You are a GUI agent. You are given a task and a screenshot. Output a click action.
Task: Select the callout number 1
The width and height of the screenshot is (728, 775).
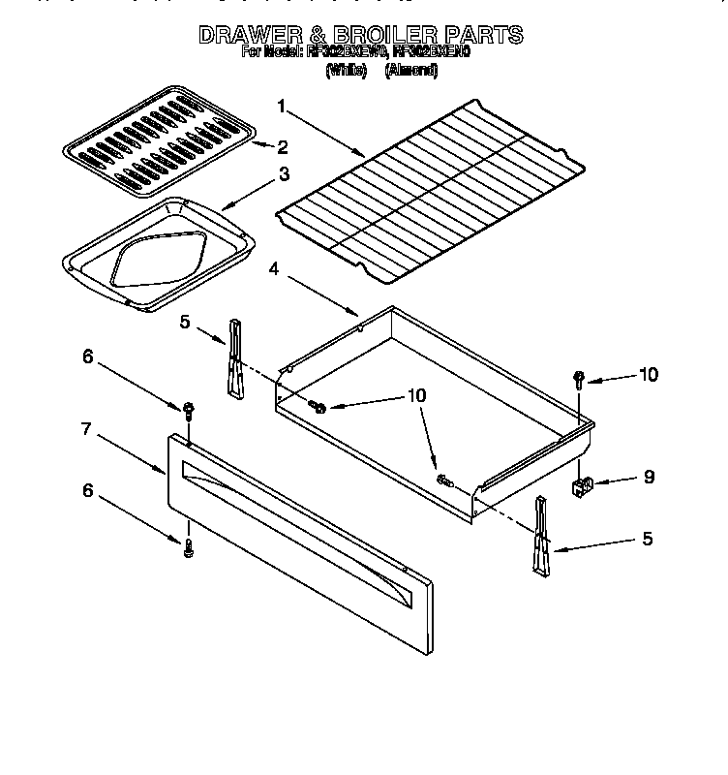pyautogui.click(x=281, y=106)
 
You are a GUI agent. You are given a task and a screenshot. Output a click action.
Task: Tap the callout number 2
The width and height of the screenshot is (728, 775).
pyautogui.click(x=283, y=147)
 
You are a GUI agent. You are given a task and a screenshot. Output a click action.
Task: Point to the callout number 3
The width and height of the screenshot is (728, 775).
pyautogui.click(x=284, y=175)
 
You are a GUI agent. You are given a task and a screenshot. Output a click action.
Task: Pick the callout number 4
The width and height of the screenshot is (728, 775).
pyautogui.click(x=274, y=271)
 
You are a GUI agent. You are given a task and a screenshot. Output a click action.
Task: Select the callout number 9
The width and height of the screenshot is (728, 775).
pyautogui.click(x=648, y=476)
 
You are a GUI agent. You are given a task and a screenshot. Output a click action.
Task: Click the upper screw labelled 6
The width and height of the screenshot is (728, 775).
pyautogui.click(x=187, y=412)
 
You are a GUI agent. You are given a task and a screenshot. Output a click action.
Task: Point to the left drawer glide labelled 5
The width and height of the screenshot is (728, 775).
pyautogui.click(x=233, y=357)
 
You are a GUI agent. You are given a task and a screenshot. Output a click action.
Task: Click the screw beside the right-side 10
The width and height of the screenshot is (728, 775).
pyautogui.click(x=579, y=378)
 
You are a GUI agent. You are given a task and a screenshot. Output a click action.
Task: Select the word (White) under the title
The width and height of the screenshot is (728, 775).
pyautogui.click(x=346, y=70)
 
